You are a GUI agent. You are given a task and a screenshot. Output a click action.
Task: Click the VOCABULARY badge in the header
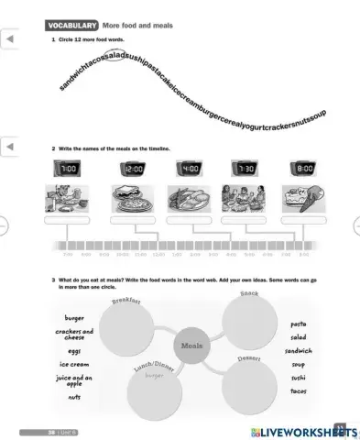click(71, 26)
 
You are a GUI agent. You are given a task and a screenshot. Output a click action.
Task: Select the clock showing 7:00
click(68, 170)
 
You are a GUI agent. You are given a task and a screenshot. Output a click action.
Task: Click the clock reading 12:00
click(134, 170)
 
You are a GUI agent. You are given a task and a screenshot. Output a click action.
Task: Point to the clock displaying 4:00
click(190, 170)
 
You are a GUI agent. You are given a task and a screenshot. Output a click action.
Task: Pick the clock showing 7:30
click(246, 170)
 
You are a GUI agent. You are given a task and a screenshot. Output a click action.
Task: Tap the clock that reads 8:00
click(302, 170)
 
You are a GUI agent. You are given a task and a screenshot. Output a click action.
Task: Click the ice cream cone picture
click(302, 200)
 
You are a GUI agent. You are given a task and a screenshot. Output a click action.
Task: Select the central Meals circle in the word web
click(191, 346)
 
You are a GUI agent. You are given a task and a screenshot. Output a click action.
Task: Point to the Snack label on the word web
click(248, 294)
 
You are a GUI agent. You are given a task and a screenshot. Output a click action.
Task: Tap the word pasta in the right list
click(299, 324)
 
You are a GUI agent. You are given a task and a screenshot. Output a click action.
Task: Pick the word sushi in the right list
click(299, 377)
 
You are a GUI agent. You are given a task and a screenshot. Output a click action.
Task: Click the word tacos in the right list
click(299, 390)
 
